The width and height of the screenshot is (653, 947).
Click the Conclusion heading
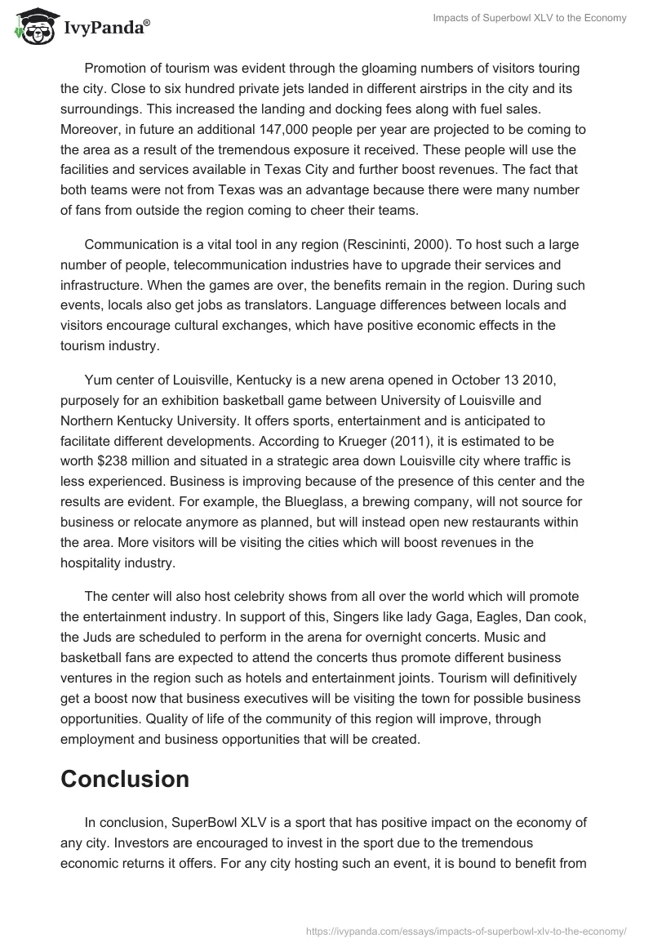coord(125,779)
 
